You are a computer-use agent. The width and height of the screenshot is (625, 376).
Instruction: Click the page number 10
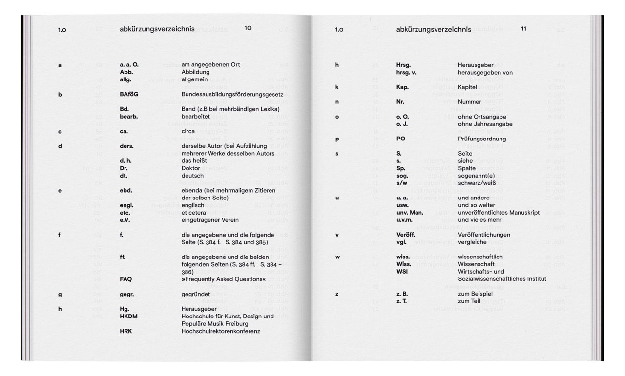(248, 28)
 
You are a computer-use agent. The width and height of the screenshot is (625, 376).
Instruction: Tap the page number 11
(523, 29)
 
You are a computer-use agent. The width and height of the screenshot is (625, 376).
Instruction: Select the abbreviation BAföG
(129, 94)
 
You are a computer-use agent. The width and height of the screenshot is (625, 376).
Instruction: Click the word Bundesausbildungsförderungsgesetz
(232, 94)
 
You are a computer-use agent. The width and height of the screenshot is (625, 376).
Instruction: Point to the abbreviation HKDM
(128, 317)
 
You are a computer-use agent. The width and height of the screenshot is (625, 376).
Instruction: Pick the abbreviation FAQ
(125, 279)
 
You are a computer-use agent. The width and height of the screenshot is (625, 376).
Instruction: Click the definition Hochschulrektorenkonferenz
(221, 331)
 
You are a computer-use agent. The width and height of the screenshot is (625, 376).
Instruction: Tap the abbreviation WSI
(402, 272)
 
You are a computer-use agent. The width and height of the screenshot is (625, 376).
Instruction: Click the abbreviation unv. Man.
(410, 213)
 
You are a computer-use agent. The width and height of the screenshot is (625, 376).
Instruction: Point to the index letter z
(337, 294)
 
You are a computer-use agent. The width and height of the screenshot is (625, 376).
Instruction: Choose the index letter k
(337, 87)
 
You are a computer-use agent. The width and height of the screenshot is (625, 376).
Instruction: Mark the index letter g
(60, 294)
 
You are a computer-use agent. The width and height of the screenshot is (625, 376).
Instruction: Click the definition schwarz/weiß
(477, 183)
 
